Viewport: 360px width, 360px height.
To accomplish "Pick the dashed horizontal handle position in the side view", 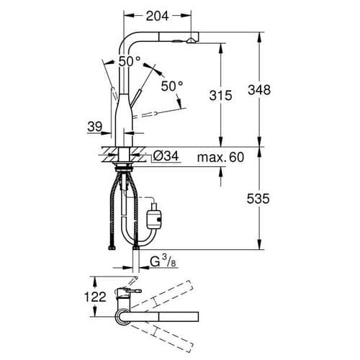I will point(161,114).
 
